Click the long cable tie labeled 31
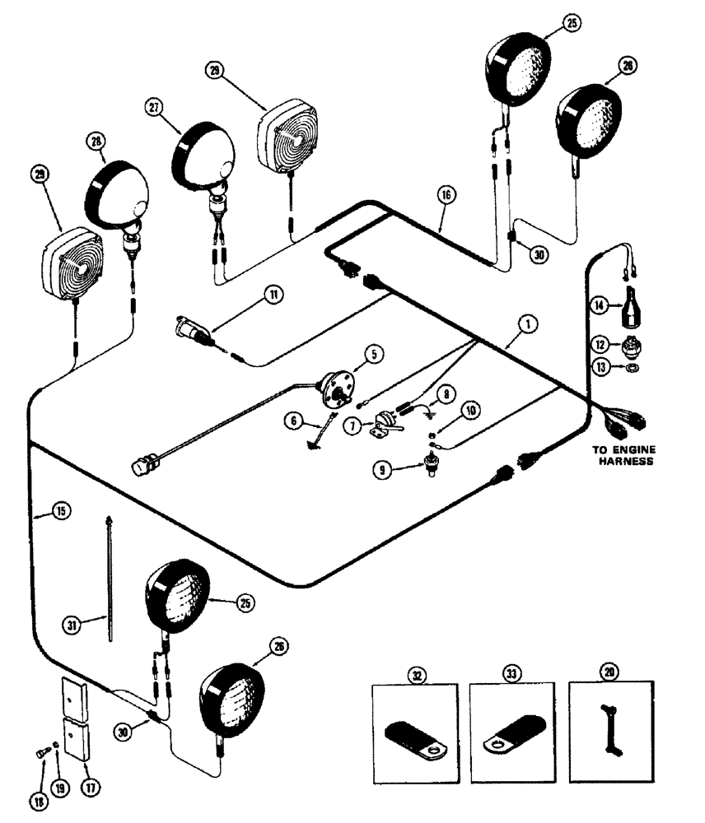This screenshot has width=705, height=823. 109,576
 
